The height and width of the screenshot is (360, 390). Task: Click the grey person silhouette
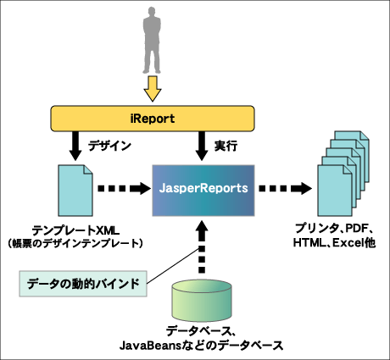[152, 41]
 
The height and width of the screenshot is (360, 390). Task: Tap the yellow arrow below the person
[153, 88]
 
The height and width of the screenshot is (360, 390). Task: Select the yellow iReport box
[153, 119]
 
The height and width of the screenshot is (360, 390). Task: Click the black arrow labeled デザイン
[75, 146]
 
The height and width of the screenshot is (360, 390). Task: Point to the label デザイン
[109, 146]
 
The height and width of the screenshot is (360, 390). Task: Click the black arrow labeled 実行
[201, 146]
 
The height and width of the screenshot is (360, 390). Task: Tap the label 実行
[226, 146]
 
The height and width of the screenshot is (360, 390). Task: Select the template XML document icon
[75, 191]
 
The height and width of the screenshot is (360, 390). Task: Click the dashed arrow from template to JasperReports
[124, 188]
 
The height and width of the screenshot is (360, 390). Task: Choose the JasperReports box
[203, 191]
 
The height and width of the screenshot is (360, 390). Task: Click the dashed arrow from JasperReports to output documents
[286, 188]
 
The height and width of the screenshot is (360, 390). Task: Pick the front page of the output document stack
[335, 191]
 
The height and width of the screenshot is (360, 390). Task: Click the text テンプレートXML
[75, 230]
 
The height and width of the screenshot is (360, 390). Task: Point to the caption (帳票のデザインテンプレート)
[75, 243]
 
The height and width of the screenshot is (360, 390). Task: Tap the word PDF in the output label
[354, 228]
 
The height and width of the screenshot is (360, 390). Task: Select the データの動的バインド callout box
[83, 284]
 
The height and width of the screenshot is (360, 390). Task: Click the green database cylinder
[202, 303]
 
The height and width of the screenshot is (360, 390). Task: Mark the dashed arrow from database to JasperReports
[202, 247]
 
